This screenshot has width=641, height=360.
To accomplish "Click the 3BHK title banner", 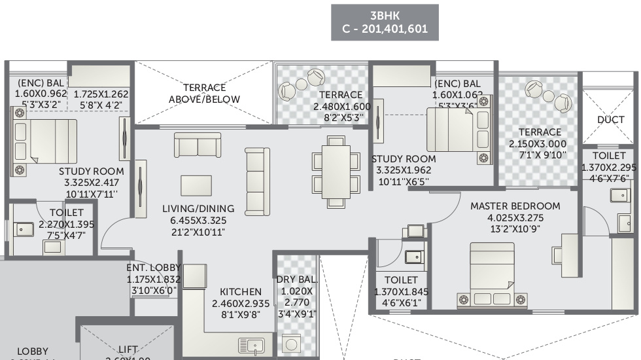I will tap(385, 22).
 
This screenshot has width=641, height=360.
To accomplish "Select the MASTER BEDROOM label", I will tap(515, 206).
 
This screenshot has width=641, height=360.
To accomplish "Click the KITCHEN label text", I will tap(240, 291).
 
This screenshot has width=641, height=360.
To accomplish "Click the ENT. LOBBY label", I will tap(153, 267).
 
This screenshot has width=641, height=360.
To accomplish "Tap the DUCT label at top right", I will tap(610, 120).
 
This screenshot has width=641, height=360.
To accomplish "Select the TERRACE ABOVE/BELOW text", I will tap(204, 93).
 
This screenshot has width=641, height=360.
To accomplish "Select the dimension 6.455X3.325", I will tap(199, 221).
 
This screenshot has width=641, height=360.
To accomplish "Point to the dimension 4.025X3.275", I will tap(515, 217).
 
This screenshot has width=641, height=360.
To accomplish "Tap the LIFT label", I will tap(128, 350).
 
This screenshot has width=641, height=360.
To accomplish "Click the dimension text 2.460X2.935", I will tap(241, 304).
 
